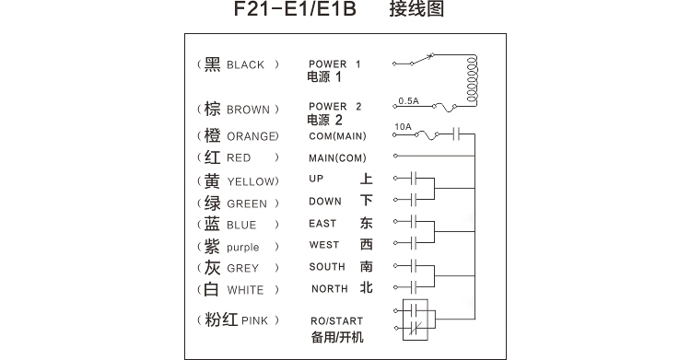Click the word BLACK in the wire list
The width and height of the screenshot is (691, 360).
245,65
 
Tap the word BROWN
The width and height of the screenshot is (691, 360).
248,110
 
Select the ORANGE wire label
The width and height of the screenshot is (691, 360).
252,136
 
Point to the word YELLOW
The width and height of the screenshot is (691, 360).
250,182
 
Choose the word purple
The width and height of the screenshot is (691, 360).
243,248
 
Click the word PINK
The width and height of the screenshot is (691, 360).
254,321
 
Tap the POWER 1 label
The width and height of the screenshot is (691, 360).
334,64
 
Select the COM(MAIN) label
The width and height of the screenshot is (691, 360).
338,136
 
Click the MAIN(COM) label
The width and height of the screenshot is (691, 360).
338,157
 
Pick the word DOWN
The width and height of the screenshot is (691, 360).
325,201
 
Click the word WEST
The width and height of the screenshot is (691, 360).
324,245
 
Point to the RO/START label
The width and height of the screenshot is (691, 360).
336,321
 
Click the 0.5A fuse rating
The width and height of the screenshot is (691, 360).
407,99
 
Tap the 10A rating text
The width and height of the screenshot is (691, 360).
402,126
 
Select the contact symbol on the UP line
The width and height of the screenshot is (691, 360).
415,178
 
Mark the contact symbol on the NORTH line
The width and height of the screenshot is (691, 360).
415,288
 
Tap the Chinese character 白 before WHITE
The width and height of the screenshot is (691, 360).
211,289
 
